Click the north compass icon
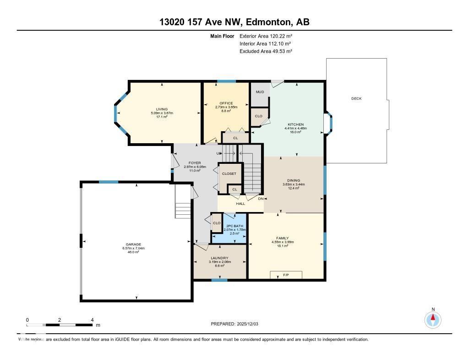pos(432,319)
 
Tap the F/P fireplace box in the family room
pos(286,275)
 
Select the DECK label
pos(357,99)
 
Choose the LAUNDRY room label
pos(220,258)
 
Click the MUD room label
pos(260,92)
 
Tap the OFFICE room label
pos(226,103)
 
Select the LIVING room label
pos(162,109)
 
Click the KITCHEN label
pos(295,124)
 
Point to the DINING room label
pos(294,180)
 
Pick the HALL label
pos(240,203)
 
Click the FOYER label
pos(195,163)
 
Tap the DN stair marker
pos(261,199)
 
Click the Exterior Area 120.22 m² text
pos(266,36)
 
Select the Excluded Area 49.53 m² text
pos(266,51)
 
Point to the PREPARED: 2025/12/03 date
pos(234,324)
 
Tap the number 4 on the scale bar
pos(93,320)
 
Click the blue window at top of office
pos(226,82)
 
